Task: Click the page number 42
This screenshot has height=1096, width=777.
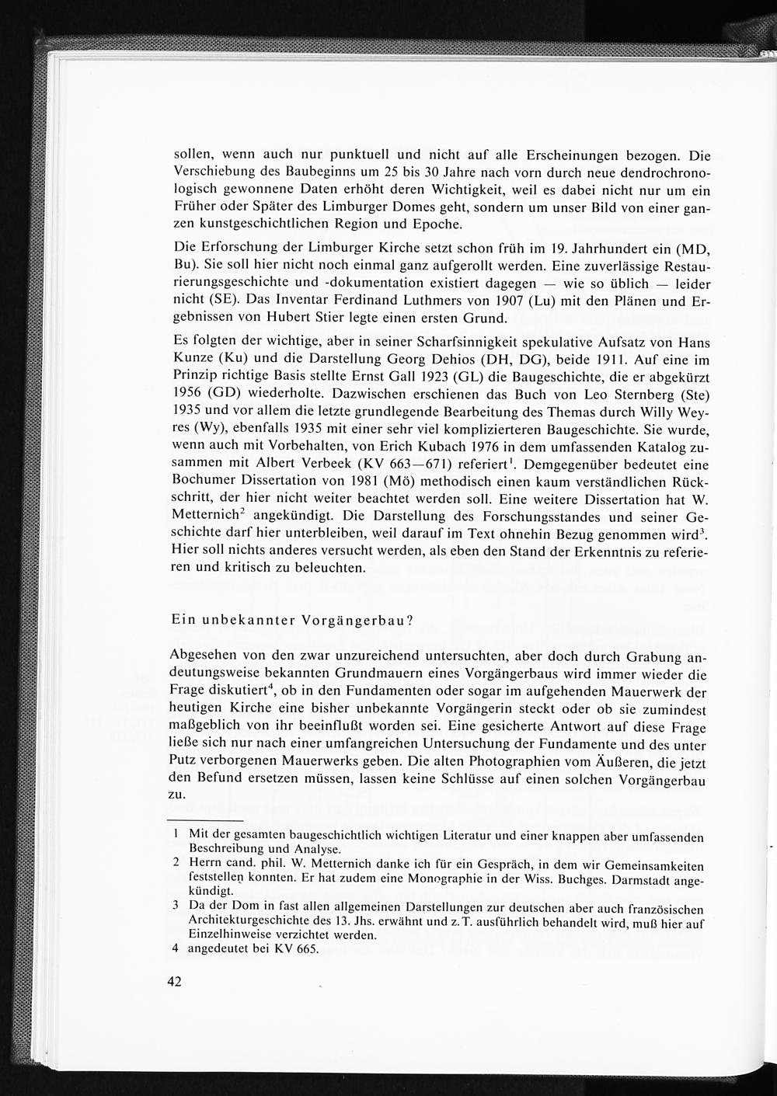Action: tap(173, 982)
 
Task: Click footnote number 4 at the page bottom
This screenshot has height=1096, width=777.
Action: tap(176, 949)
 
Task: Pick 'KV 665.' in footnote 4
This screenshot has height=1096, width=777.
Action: tap(296, 949)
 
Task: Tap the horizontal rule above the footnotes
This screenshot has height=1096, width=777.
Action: tap(206, 820)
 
